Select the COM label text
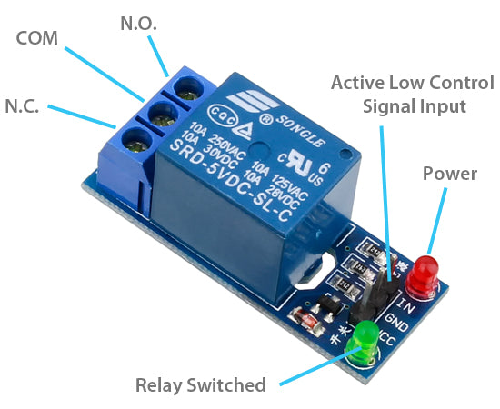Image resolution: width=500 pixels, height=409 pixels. (x=37, y=39)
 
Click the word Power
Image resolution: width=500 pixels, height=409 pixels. (x=449, y=173)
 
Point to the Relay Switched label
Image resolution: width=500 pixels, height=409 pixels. (x=200, y=384)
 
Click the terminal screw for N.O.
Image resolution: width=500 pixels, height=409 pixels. (x=190, y=88)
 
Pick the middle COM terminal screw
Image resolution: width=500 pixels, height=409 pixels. (x=164, y=114)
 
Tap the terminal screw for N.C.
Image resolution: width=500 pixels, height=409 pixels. (x=136, y=140)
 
